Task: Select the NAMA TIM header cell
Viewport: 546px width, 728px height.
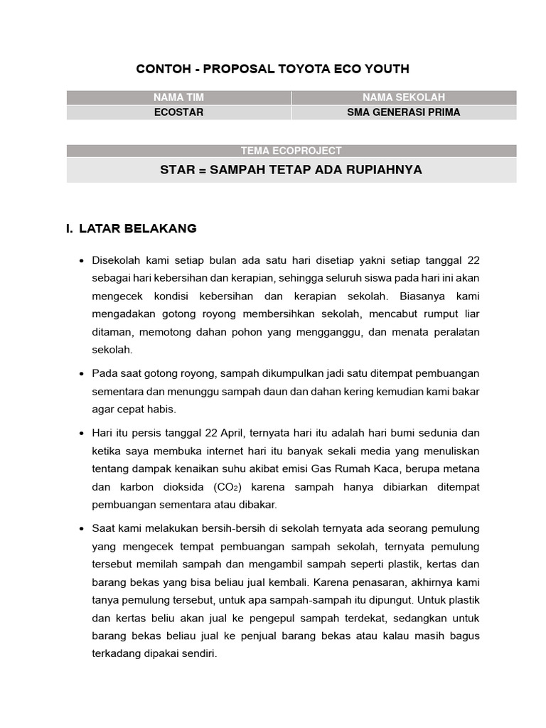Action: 178,97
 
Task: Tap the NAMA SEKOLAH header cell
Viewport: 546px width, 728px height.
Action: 403,97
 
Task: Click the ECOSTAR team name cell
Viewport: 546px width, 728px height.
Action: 178,112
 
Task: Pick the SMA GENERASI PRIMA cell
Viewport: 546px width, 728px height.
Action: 403,112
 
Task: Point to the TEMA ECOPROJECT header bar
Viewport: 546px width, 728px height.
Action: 291,151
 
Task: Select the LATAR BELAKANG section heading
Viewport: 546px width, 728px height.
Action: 138,229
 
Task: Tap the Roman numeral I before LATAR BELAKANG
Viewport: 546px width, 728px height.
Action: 69,229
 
